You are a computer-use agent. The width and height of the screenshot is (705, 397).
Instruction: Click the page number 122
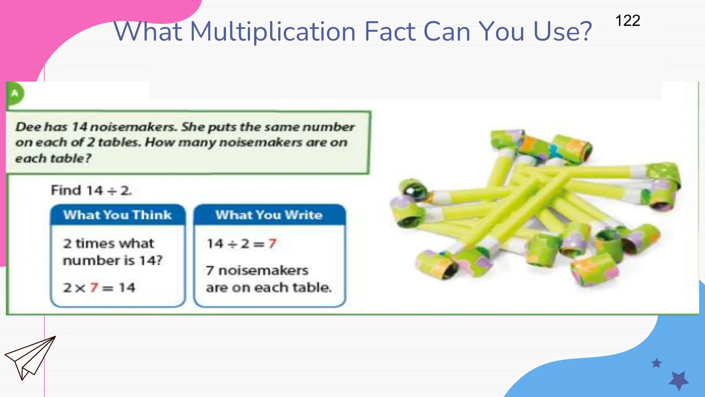(628, 21)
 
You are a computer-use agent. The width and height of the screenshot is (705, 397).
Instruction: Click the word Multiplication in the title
(273, 32)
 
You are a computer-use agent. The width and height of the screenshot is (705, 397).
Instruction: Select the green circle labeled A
(15, 93)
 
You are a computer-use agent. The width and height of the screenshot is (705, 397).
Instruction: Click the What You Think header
(117, 215)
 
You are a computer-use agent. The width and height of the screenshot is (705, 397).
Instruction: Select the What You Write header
(269, 215)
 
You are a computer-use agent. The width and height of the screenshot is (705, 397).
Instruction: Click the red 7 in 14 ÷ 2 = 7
(272, 244)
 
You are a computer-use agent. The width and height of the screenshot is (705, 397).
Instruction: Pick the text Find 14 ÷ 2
(91, 190)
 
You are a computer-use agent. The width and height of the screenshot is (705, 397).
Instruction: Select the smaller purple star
(656, 363)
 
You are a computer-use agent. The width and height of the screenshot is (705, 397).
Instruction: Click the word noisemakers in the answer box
(263, 271)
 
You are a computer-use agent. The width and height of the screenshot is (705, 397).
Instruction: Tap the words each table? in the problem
(53, 159)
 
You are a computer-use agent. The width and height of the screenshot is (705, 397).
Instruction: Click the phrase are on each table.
(269, 287)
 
